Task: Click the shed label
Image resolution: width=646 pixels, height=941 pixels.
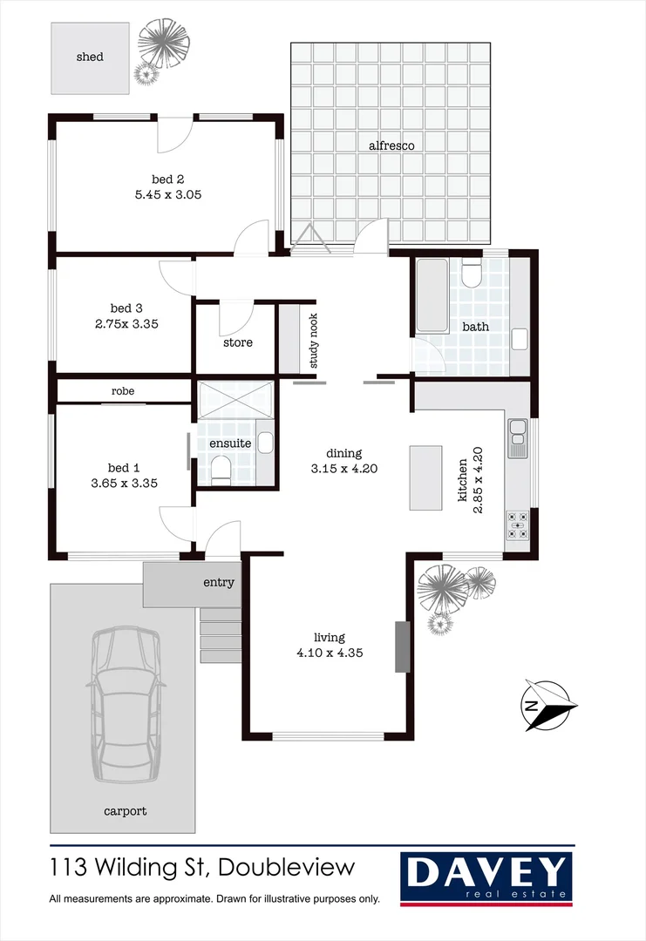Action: (90, 57)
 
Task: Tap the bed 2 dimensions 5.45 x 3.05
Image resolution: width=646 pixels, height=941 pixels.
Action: (168, 195)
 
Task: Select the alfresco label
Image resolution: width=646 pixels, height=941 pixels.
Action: (391, 146)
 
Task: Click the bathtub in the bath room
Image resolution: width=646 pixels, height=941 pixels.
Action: (432, 295)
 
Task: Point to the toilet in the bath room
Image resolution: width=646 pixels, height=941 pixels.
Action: (472, 274)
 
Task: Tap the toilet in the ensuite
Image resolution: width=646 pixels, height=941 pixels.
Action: (221, 471)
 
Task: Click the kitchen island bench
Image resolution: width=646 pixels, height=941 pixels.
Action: (426, 477)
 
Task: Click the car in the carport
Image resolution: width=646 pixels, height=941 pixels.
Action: (127, 704)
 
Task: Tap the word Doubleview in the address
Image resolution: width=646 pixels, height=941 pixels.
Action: (287, 868)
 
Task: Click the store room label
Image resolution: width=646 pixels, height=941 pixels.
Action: (237, 342)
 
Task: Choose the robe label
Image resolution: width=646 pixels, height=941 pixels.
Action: (123, 391)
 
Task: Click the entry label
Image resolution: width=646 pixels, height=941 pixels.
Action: (219, 582)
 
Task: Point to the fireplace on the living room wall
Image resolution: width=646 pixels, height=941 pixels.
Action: (402, 647)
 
